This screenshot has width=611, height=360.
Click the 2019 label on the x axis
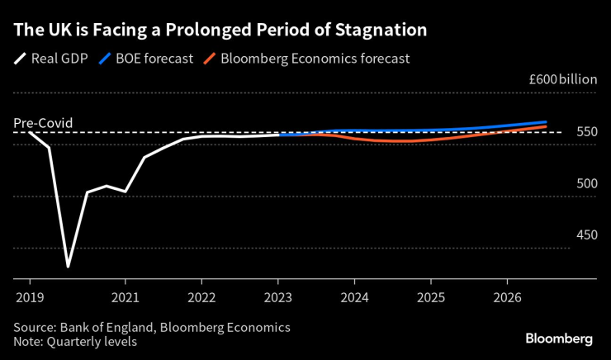pyautogui.click(x=29, y=295)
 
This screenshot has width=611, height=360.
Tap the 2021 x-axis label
pyautogui.click(x=125, y=295)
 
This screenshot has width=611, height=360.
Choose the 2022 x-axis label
pyautogui.click(x=201, y=295)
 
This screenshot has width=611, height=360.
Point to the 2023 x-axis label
pyautogui.click(x=278, y=295)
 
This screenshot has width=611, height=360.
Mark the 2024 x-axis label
pyautogui.click(x=355, y=295)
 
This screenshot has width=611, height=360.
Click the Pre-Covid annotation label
pyautogui.click(x=43, y=124)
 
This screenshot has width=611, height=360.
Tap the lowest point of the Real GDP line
pyautogui.click(x=68, y=266)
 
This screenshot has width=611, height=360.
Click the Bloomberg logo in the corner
pyautogui.click(x=559, y=339)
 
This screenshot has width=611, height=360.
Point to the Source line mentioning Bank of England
pyautogui.click(x=152, y=327)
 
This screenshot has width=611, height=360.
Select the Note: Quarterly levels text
pyautogui.click(x=75, y=341)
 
